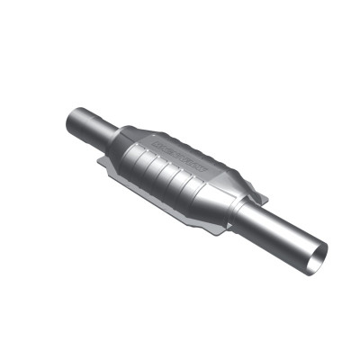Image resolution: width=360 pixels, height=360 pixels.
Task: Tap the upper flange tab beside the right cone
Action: click(x=258, y=193)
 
